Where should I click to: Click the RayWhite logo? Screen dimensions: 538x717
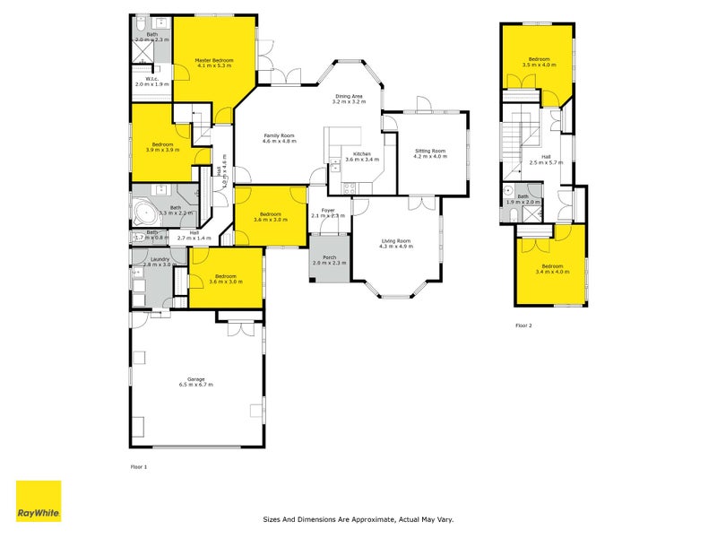pyautogui.click(x=39, y=501)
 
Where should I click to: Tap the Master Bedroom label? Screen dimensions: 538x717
pyautogui.click(x=214, y=61)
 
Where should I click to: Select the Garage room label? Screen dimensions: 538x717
pyautogui.click(x=196, y=378)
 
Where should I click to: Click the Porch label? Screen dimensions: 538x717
pyautogui.click(x=328, y=256)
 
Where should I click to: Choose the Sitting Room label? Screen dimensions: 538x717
pyautogui.click(x=429, y=151)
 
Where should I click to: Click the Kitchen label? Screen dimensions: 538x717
pyautogui.click(x=361, y=154)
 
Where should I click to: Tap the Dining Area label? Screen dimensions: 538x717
pyautogui.click(x=349, y=96)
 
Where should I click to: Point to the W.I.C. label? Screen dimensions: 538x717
pyautogui.click(x=151, y=79)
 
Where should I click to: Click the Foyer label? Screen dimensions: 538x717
pyautogui.click(x=328, y=210)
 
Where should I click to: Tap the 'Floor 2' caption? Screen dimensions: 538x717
pyautogui.click(x=523, y=325)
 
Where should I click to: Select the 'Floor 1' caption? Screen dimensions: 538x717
pyautogui.click(x=138, y=467)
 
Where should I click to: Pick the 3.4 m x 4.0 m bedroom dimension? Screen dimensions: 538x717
pyautogui.click(x=552, y=271)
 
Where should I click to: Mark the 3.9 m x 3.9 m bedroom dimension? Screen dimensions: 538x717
pyautogui.click(x=162, y=150)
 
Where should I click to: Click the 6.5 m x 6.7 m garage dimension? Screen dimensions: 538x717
pyautogui.click(x=196, y=384)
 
